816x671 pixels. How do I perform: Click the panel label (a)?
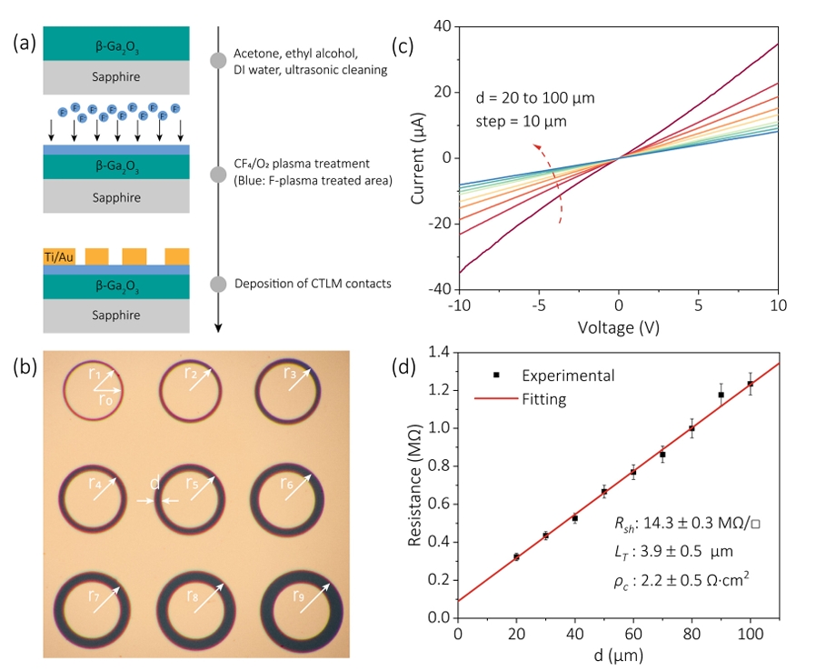25,43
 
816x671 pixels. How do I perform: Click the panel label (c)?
404,43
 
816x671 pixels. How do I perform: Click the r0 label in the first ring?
108,398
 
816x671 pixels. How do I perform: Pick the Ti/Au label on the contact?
59,257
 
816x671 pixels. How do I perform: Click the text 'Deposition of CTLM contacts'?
313,284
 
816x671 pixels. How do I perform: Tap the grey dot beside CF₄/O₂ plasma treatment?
217,174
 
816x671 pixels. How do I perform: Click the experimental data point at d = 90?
721,395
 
